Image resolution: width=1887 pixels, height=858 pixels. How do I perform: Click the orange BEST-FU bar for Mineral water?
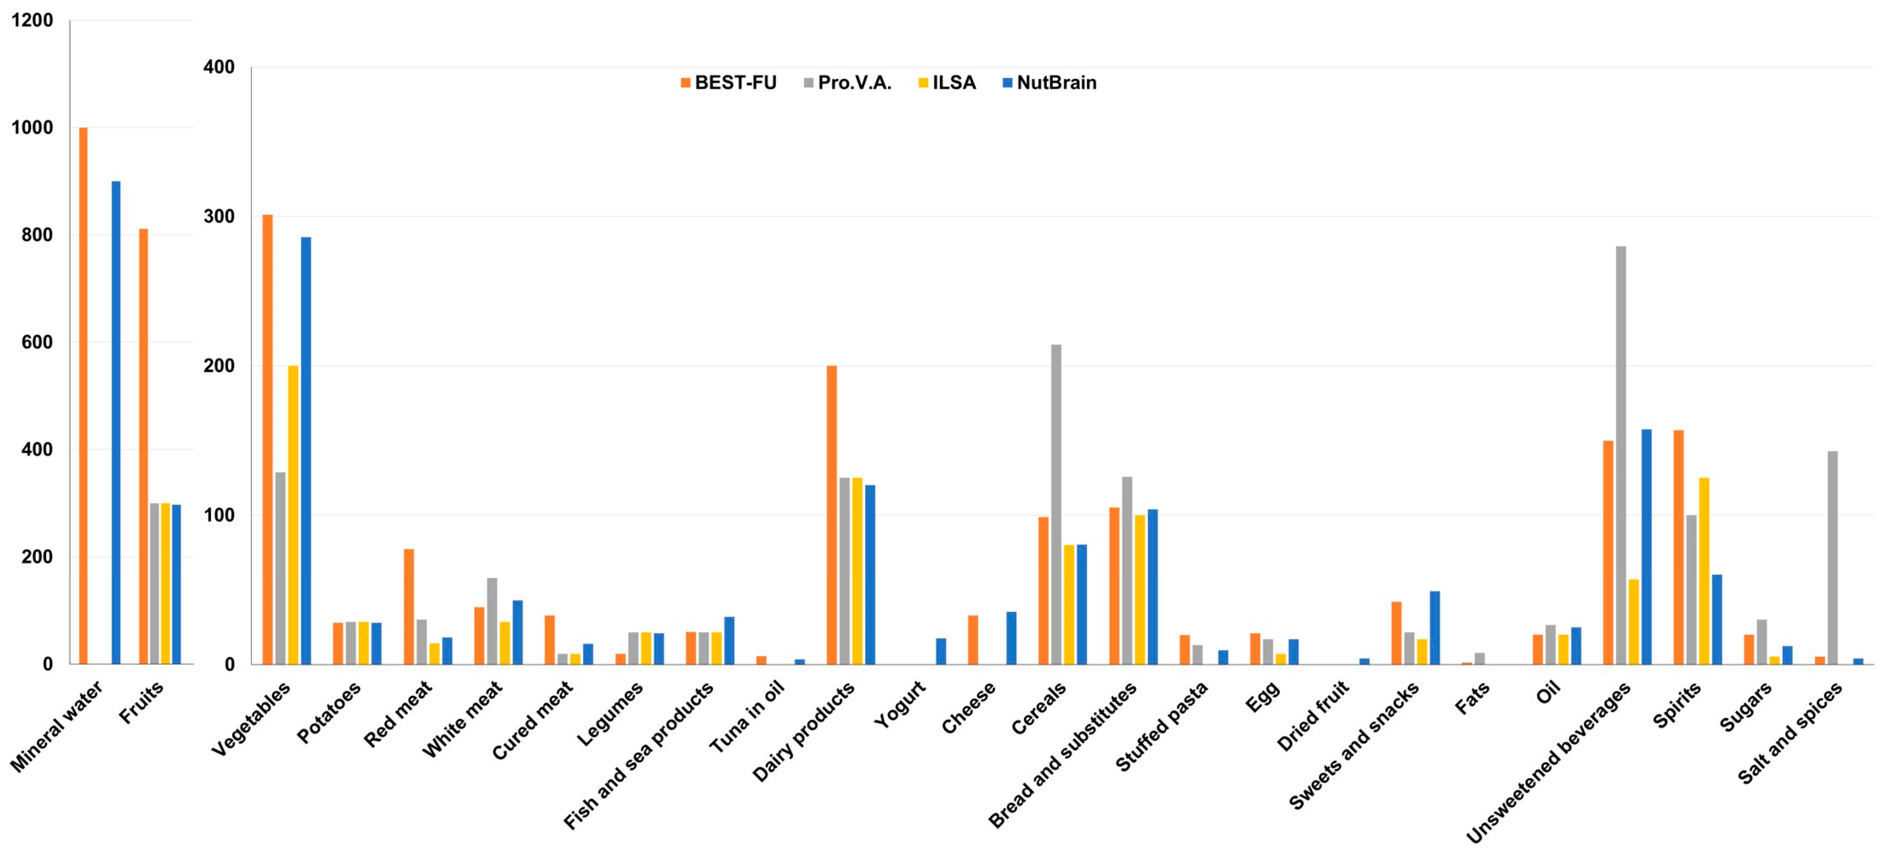pyautogui.click(x=84, y=396)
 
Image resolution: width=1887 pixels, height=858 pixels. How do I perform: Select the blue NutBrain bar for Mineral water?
pyautogui.click(x=116, y=423)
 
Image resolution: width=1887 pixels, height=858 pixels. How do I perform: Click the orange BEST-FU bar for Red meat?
pyautogui.click(x=409, y=607)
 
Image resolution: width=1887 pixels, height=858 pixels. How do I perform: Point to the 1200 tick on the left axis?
pyautogui.click(x=32, y=20)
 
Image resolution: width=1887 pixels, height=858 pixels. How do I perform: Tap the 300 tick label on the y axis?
pyautogui.click(x=219, y=216)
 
